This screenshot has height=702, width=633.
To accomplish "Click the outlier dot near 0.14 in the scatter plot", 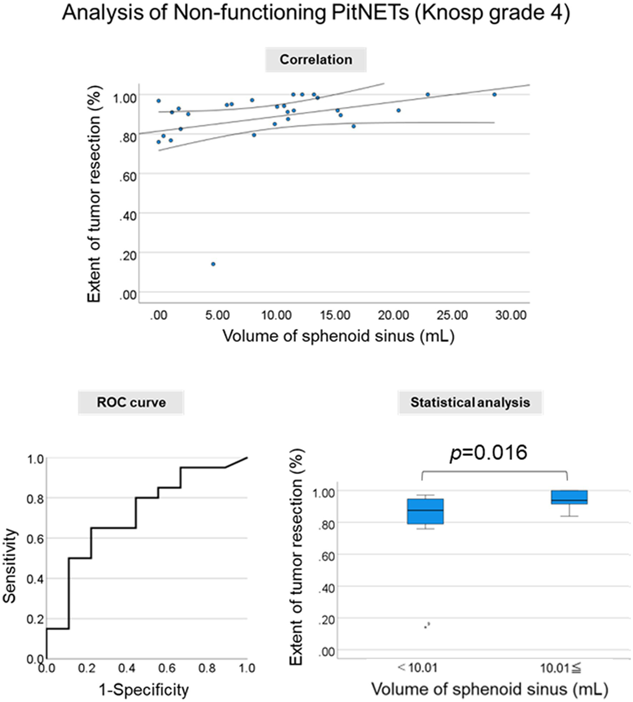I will coord(213,264).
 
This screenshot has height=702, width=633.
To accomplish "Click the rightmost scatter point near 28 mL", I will coord(494,94).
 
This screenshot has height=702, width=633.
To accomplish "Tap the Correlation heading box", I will coord(315,60).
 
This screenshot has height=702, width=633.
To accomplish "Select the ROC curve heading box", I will coord(131,403).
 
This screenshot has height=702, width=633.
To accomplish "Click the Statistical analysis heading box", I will coord(470,403).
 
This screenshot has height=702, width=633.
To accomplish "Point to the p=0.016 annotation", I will coord(488,452).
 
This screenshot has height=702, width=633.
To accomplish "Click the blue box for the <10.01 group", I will coord(425,511).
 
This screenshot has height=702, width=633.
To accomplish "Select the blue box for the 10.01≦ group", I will coord(569,497).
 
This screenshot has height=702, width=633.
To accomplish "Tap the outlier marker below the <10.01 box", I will coord(427,625).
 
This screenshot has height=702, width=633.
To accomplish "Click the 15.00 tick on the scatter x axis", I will coord(335,315).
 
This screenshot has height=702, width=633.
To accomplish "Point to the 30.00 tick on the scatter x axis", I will coord(511,315).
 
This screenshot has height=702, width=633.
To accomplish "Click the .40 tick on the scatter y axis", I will coord(128,216).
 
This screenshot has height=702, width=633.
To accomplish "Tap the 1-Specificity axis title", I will coord(144,689).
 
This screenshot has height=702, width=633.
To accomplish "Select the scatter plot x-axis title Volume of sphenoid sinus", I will coord(338,336).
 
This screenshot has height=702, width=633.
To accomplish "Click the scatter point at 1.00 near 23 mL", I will coord(428,94).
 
